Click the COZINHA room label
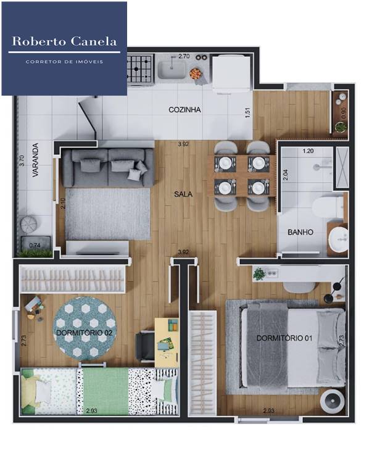tap(184, 110)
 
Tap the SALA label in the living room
tap(183, 194)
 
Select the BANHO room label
tap(300, 233)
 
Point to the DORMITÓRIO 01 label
tap(284, 338)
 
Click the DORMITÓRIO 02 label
tap(85, 333)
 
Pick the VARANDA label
tap(36, 160)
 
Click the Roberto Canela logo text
tap(64, 41)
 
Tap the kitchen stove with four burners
tap(139, 69)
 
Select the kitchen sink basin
tap(172, 70)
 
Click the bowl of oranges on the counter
tap(195, 73)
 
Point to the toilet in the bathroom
tap(328, 207)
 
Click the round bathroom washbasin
tap(339, 239)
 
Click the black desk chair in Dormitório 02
tap(145, 346)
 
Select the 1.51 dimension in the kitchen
tap(248, 113)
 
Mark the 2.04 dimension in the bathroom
tap(286, 175)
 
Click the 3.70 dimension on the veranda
tap(21, 160)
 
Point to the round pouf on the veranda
tap(28, 224)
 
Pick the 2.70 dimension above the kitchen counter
tap(184, 56)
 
